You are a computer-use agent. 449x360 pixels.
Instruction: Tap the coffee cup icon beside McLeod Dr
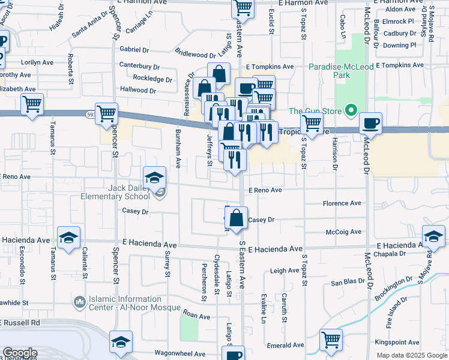click(x=371, y=124)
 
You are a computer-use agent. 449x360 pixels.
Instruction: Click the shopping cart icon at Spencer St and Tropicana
click(x=106, y=113)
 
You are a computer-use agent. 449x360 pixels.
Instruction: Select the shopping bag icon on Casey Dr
click(x=237, y=219)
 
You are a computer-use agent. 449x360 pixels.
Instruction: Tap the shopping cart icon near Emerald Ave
click(x=331, y=340)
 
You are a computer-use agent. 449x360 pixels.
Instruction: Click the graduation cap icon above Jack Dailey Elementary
click(x=154, y=178)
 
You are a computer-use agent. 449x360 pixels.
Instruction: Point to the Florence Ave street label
click(x=342, y=203)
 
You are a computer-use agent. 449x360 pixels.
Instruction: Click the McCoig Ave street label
click(x=343, y=232)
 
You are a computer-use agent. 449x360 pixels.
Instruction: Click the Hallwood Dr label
click(x=138, y=91)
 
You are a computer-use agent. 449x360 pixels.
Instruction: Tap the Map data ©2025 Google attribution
click(x=411, y=355)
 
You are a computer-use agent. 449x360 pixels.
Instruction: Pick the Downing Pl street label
click(x=399, y=45)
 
